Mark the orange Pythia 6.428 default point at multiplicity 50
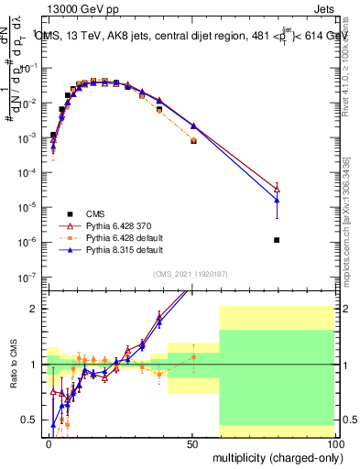click(x=193, y=141)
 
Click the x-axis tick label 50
click(x=192, y=443)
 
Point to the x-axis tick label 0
click(x=49, y=443)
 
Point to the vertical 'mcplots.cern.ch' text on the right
click(x=352, y=256)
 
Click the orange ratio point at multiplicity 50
click(x=193, y=356)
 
